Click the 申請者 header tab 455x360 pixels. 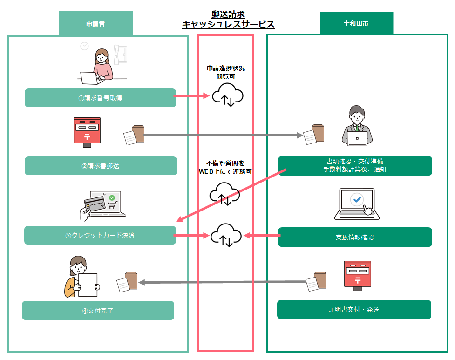[95, 23]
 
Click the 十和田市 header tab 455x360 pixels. [356, 23]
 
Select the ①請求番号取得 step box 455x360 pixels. [100, 98]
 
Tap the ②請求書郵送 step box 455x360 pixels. [101, 166]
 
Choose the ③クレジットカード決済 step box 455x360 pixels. [100, 235]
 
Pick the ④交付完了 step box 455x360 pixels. [98, 310]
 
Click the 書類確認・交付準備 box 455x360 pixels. [355, 166]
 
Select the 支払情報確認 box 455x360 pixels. [355, 237]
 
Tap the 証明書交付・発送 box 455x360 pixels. [354, 309]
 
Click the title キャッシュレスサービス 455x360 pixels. [228, 24]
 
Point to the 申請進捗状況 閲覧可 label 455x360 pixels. [226, 72]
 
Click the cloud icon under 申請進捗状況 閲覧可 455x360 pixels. [228, 95]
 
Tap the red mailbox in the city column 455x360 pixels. [358, 276]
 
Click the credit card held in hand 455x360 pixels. [95, 201]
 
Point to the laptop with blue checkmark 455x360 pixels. [357, 204]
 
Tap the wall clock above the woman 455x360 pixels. [84, 46]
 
